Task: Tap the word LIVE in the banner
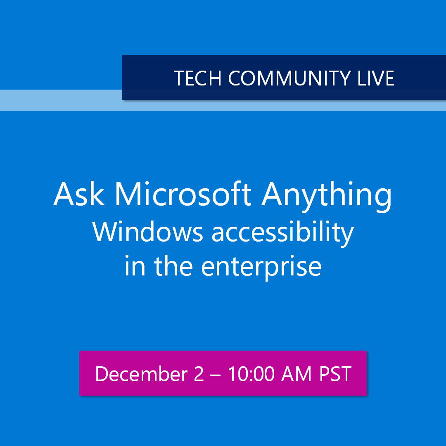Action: click(x=375, y=78)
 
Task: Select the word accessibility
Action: click(x=283, y=233)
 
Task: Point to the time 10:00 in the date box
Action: click(x=251, y=374)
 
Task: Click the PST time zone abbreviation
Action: click(x=335, y=374)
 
